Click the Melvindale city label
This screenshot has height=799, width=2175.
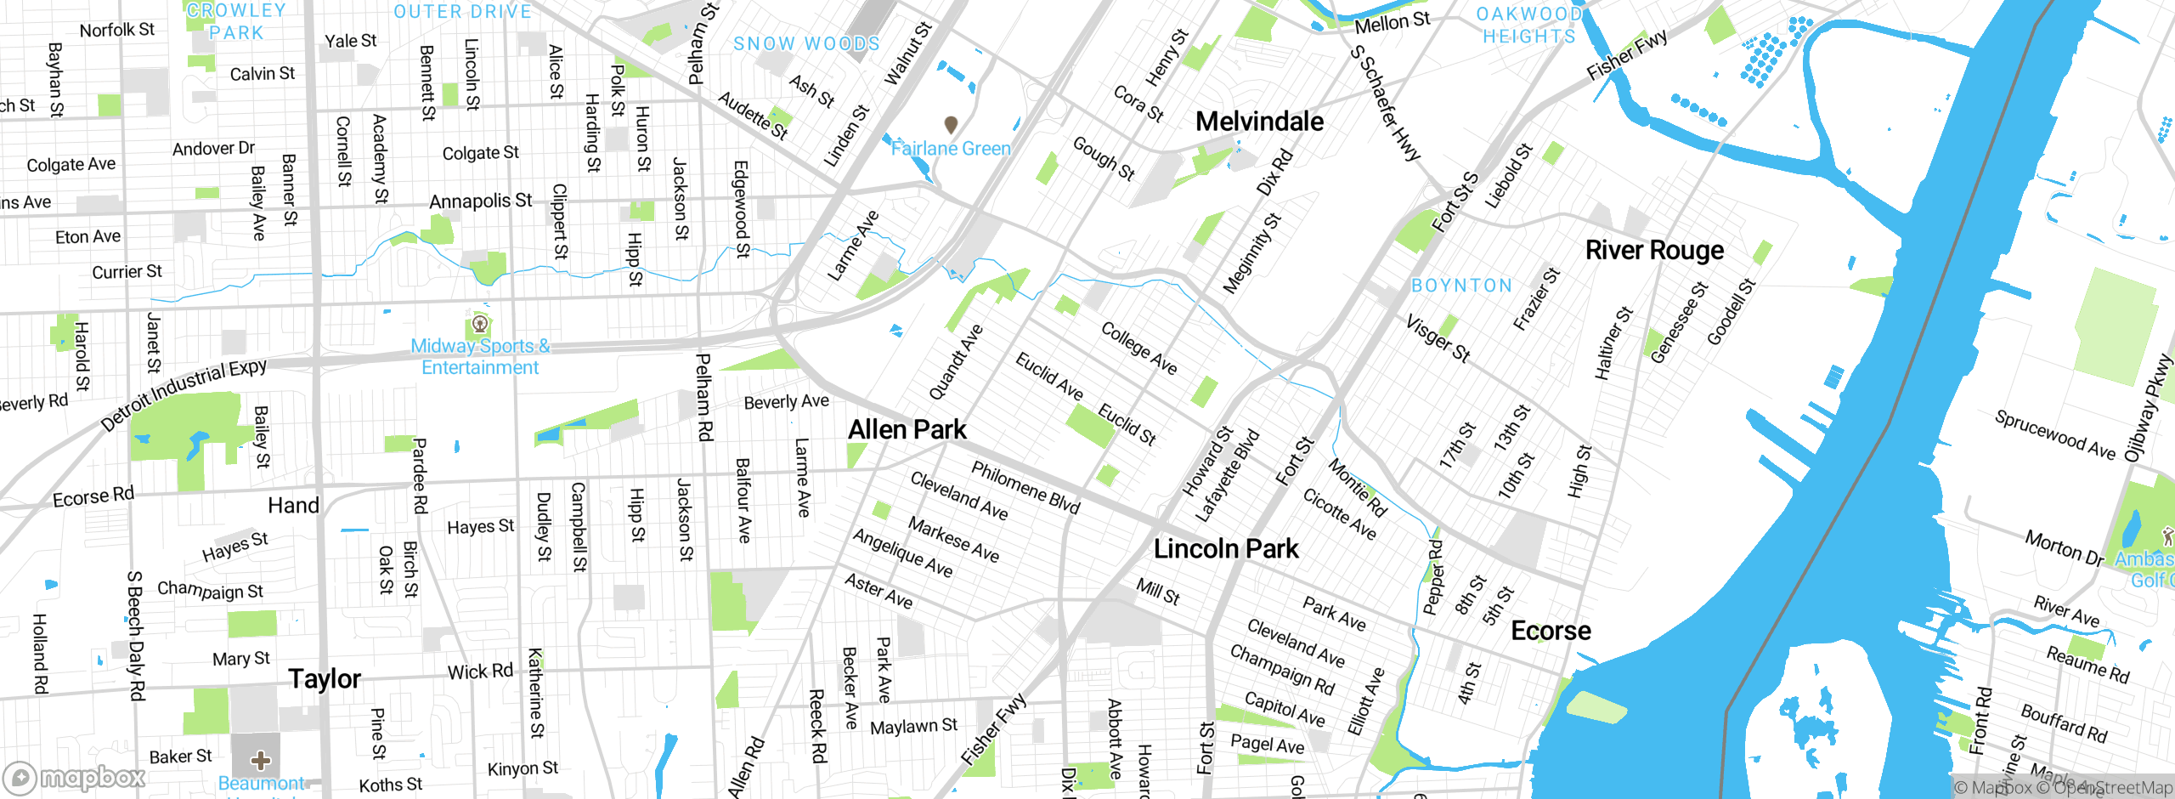click(1259, 122)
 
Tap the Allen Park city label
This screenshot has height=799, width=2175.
click(907, 429)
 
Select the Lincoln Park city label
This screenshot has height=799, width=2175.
click(1226, 549)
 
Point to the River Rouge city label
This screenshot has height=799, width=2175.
click(1654, 250)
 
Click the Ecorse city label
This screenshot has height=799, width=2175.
click(1551, 631)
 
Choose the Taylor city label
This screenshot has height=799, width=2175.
click(324, 678)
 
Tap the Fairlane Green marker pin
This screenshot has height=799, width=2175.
click(952, 125)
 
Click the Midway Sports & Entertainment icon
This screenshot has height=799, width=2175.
click(480, 324)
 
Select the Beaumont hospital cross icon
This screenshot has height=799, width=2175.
click(261, 759)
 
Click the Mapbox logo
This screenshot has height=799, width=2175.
click(75, 778)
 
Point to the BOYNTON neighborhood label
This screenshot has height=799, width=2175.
click(1461, 286)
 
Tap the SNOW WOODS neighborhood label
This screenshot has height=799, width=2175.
click(806, 43)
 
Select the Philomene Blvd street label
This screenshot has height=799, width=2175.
click(1025, 487)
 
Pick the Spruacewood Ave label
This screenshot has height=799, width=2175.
click(2054, 434)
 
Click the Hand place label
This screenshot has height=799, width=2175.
click(293, 506)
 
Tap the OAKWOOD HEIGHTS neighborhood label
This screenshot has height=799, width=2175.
click(1528, 25)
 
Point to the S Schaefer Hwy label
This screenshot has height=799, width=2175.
click(1386, 103)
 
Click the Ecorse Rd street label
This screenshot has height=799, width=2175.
click(93, 496)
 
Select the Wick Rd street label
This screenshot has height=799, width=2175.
click(480, 671)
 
